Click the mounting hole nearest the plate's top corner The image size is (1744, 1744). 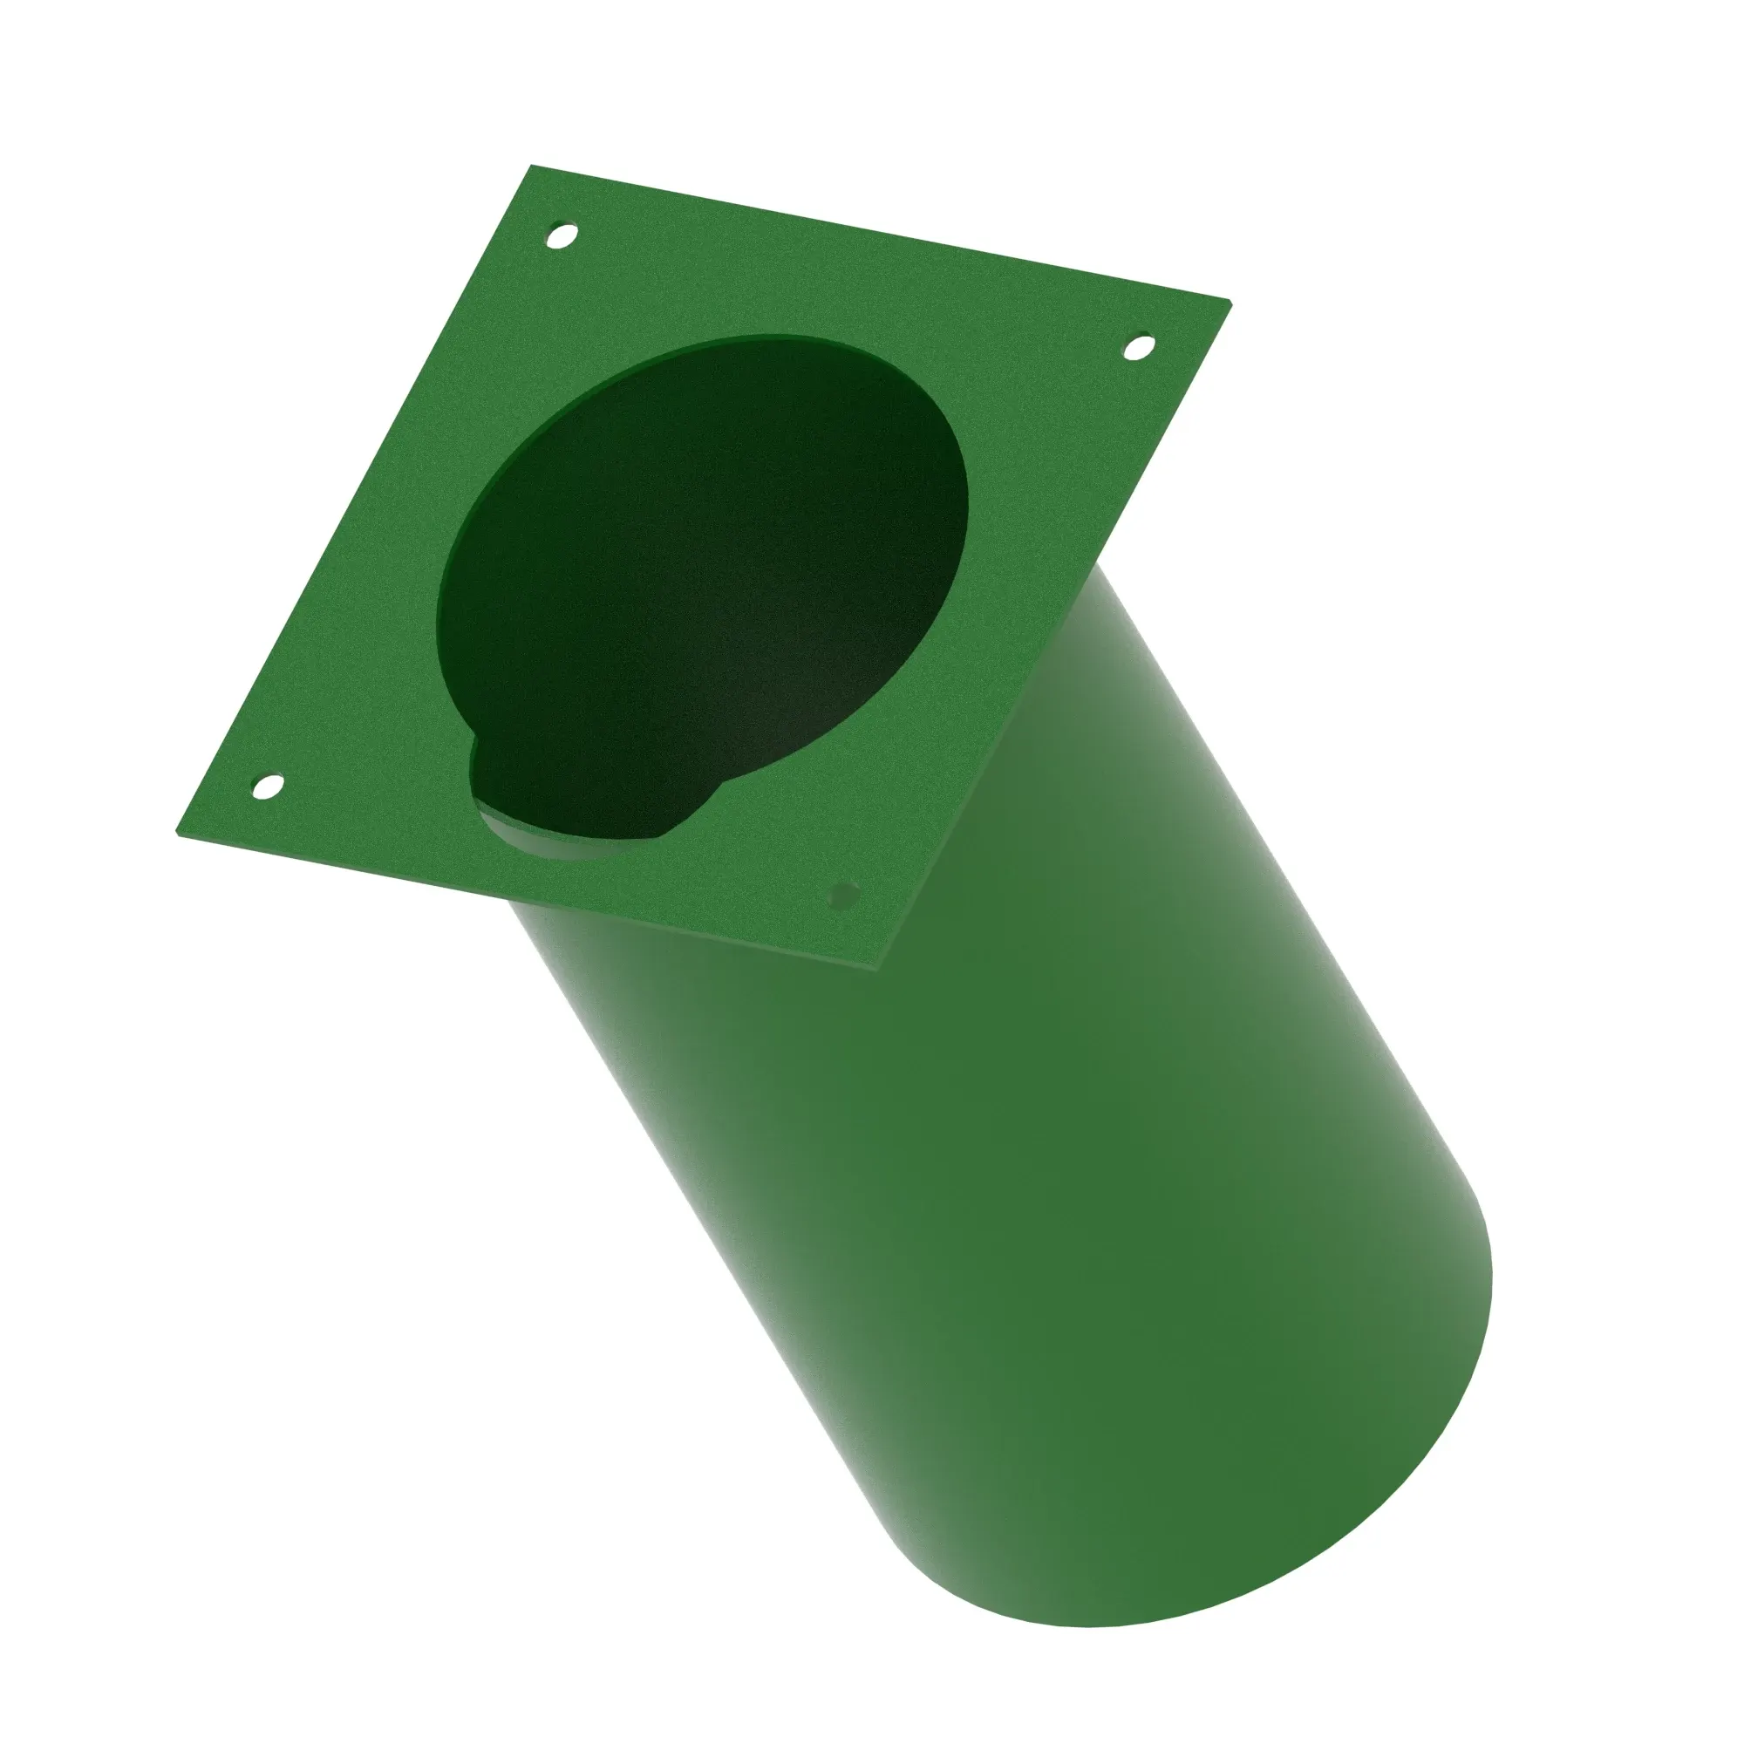pos(562,236)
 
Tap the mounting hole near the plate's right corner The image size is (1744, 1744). pos(1139,347)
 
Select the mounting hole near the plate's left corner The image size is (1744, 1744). pos(266,787)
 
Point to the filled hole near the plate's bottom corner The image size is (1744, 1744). pos(844,896)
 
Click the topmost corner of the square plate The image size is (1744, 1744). pos(531,166)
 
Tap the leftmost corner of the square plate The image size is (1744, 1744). pos(175,835)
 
